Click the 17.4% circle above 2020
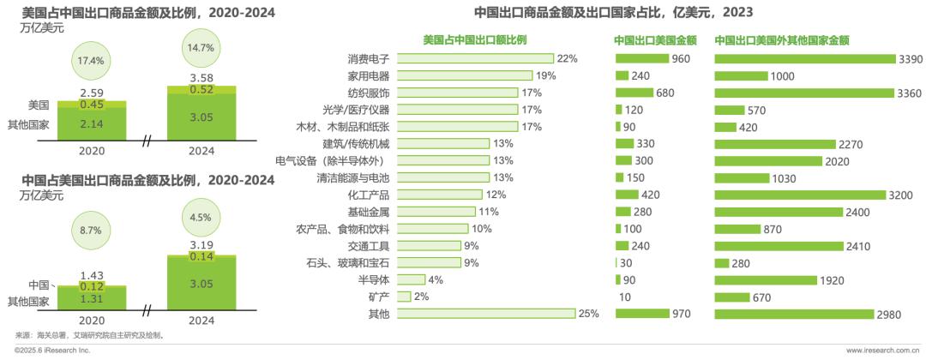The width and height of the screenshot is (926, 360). (x=90, y=61)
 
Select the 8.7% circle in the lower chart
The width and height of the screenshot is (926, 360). (x=90, y=231)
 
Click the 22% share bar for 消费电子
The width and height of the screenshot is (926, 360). (x=476, y=58)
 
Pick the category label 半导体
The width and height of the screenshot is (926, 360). (x=376, y=280)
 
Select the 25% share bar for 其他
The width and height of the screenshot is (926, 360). (x=487, y=315)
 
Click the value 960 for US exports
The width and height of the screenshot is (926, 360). (x=681, y=58)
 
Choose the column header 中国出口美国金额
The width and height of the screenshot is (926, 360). (x=655, y=39)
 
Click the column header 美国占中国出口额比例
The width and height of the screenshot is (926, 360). (x=474, y=39)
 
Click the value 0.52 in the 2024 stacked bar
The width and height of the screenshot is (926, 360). (x=201, y=89)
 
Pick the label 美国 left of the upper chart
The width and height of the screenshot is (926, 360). (x=38, y=105)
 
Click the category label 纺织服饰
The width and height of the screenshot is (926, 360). (x=369, y=93)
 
